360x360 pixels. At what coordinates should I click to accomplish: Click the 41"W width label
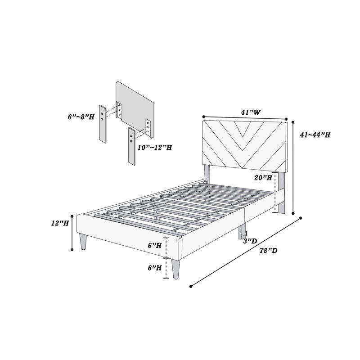pos(251,112)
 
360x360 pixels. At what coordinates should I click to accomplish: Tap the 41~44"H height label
pos(315,135)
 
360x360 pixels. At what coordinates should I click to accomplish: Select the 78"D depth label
pos(268,251)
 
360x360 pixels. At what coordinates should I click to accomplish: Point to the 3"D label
pos(250,241)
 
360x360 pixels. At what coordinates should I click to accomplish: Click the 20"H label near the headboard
pos(263,177)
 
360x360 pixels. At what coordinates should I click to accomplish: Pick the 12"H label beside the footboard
pos(60,223)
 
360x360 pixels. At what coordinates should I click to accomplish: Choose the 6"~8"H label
pos(81,117)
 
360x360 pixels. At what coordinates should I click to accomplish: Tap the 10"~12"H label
pos(155,148)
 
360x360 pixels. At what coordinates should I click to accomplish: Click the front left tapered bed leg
pos(83,242)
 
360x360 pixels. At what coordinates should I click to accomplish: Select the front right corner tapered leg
pos(176,269)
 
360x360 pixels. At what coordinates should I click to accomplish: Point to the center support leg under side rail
pos(243,232)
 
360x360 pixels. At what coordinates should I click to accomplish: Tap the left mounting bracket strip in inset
pos(103,124)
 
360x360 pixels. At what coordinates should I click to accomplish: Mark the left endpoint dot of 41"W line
pos(203,116)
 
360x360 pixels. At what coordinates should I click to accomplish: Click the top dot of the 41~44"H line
pos(293,122)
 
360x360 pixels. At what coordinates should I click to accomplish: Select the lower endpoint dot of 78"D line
pos(191,286)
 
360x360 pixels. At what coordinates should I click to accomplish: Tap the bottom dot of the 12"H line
pos(72,250)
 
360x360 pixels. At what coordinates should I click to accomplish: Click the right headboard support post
pos(281,193)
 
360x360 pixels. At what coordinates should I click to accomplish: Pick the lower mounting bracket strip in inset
pos(132,146)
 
